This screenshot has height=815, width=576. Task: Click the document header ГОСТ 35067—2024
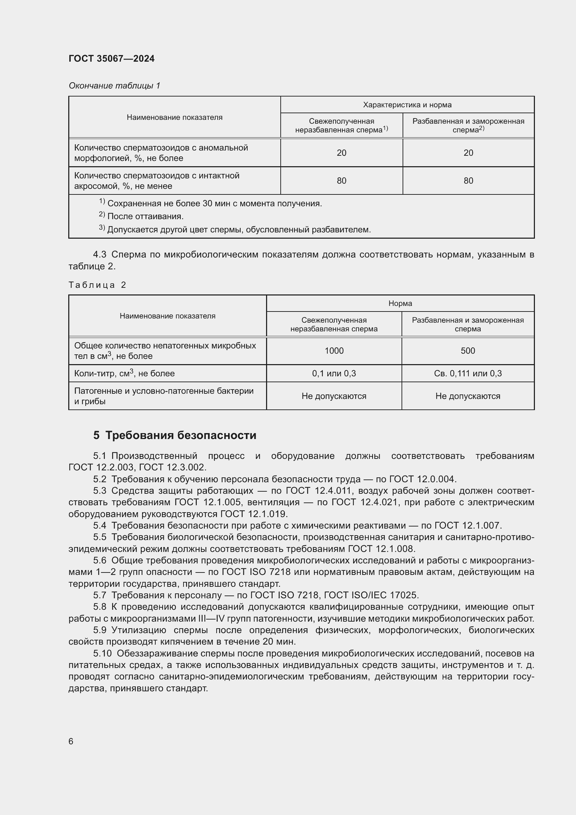[x=111, y=59]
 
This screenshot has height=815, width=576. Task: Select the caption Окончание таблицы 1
[x=114, y=86]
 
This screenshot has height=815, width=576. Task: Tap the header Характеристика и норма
[x=407, y=105]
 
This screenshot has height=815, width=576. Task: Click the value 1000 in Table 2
[x=334, y=351]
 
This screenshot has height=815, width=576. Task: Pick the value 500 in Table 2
[x=467, y=351]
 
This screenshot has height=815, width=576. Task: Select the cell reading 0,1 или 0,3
[x=334, y=374]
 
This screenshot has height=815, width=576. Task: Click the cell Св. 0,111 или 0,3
[x=467, y=374]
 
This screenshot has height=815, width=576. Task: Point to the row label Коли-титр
[x=124, y=374]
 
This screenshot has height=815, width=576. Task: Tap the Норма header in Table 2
[x=400, y=303]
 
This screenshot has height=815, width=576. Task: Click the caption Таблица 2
[x=97, y=285]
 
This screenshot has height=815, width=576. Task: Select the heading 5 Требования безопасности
[x=174, y=435]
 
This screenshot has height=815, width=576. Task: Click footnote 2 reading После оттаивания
[x=145, y=216]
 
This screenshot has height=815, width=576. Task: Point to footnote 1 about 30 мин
[x=214, y=203]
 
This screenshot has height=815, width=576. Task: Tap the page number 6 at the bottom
[x=71, y=741]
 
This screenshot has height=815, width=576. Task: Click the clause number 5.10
[x=102, y=653]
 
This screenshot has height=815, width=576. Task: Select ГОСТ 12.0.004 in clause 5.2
[x=422, y=479]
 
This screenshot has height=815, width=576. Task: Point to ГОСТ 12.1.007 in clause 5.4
[x=467, y=525]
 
